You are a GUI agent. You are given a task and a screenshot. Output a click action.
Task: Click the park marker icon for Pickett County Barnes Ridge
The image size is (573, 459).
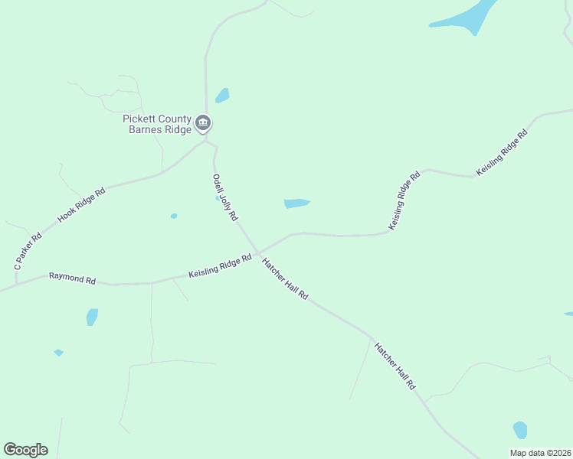click(203, 122)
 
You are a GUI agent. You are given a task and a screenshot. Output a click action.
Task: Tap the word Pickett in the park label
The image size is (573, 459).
click(139, 119)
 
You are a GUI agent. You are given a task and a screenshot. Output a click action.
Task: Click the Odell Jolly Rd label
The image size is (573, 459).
click(225, 197)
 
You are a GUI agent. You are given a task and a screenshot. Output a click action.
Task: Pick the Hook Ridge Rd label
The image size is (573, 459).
click(81, 205)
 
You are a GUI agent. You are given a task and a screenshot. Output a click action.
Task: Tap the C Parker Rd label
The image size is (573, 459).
click(28, 250)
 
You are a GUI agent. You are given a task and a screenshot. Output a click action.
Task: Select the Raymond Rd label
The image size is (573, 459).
click(72, 278)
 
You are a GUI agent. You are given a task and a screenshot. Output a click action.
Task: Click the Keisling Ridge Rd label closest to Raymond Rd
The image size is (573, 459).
click(221, 268)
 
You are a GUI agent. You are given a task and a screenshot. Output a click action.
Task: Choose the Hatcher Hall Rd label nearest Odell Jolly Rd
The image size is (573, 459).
click(284, 278)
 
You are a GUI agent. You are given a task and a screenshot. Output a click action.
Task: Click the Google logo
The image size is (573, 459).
click(25, 450)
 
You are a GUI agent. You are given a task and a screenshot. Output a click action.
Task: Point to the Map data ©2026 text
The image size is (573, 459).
click(540, 453)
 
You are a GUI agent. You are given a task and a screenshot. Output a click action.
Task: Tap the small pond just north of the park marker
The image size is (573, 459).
click(222, 96)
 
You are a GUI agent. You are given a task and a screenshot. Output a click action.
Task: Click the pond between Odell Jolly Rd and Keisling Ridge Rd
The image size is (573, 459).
click(296, 203)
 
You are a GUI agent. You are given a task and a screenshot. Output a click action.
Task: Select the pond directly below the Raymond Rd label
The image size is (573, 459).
click(92, 317)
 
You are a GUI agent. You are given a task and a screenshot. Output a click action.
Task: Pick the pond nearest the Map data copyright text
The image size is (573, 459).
click(520, 430)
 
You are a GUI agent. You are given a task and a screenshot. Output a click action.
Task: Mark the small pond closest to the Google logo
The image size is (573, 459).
click(58, 353)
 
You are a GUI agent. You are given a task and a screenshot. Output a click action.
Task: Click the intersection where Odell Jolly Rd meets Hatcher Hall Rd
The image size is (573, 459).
click(258, 252)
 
